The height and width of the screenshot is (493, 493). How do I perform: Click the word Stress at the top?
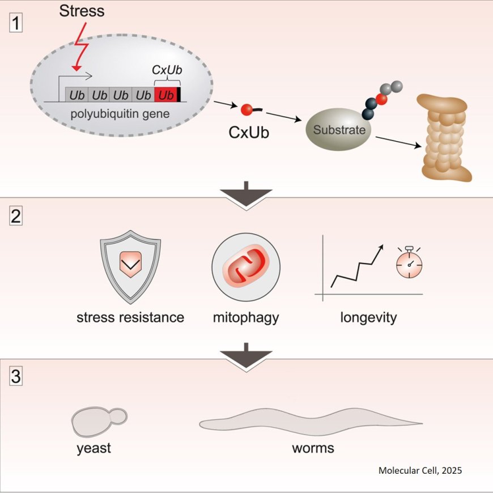(x=82, y=11)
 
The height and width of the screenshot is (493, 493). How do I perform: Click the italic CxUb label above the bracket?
(x=165, y=70)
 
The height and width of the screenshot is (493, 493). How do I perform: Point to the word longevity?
(x=368, y=317)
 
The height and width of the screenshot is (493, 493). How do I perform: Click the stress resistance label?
(x=130, y=317)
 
